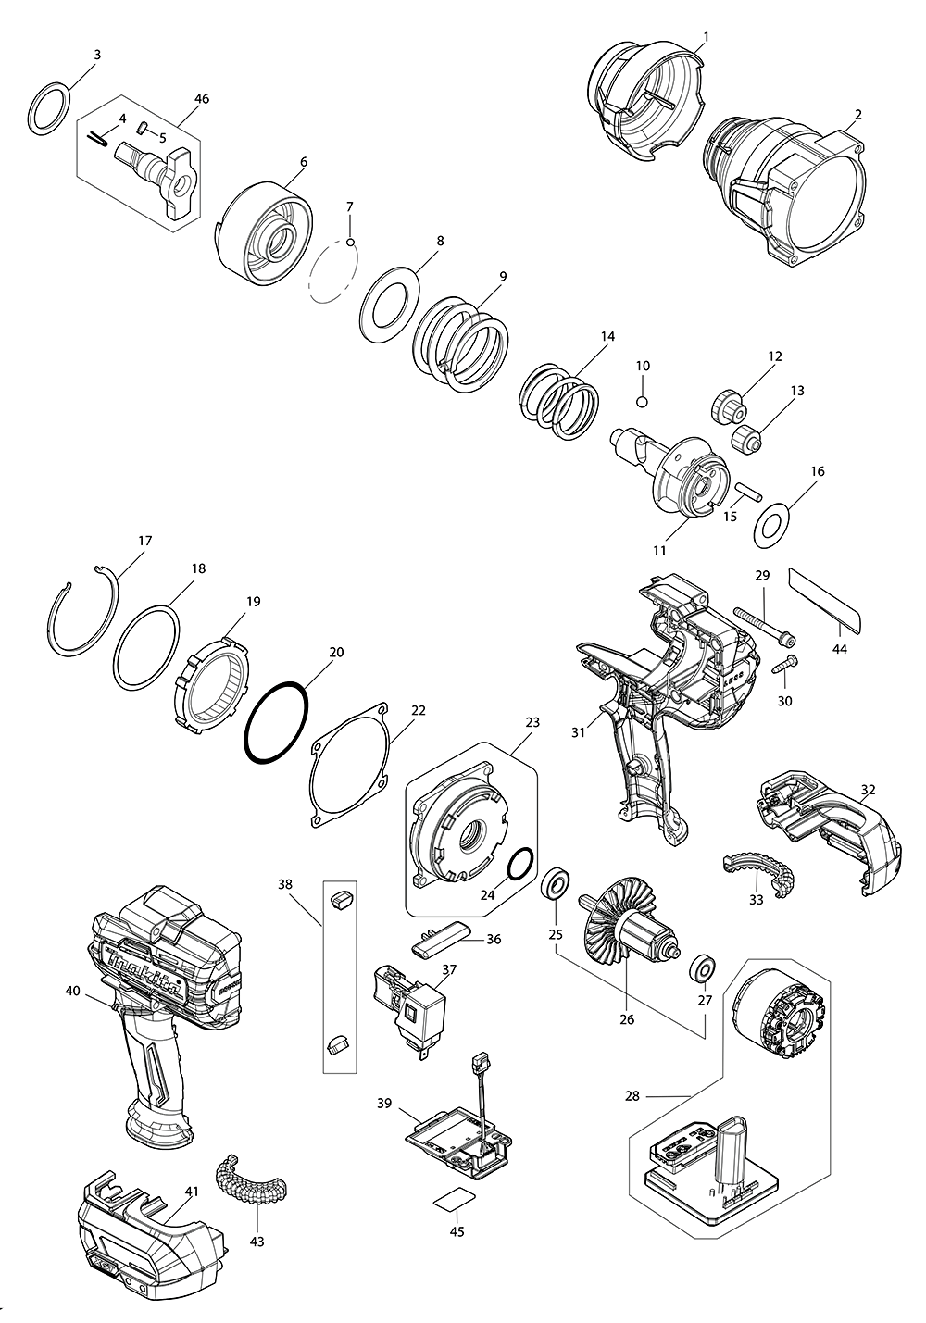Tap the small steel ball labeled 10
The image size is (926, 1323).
click(643, 401)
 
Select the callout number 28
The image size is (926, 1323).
click(632, 1096)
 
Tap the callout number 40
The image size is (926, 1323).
click(72, 991)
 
